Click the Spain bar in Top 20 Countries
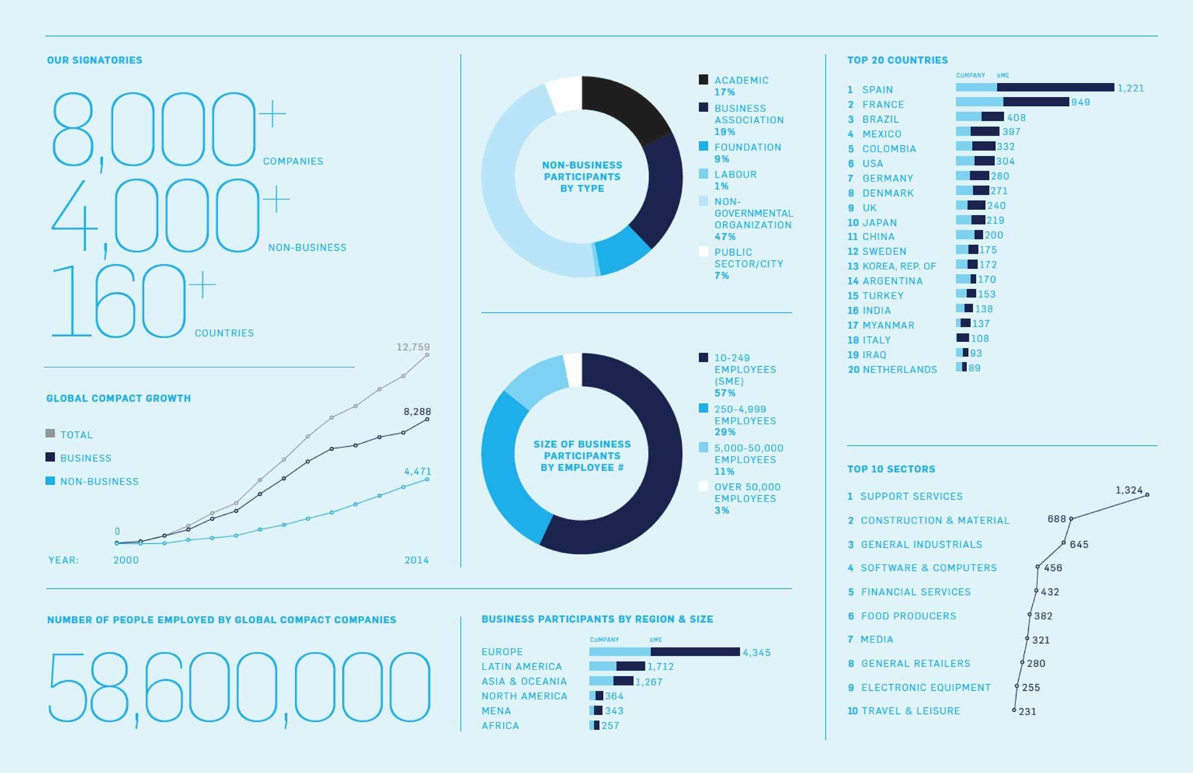pyautogui.click(x=1034, y=88)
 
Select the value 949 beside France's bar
pyautogui.click(x=1080, y=102)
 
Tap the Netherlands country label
pyautogui.click(x=892, y=370)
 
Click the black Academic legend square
pyautogui.click(x=703, y=80)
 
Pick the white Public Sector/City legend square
pyautogui.click(x=703, y=252)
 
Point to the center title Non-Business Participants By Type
pyautogui.click(x=582, y=177)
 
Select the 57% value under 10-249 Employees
pyautogui.click(x=725, y=393)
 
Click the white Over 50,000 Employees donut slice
pyautogui.click(x=573, y=370)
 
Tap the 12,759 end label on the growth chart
pyautogui.click(x=413, y=347)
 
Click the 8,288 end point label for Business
pyautogui.click(x=417, y=412)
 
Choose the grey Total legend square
pyautogui.click(x=50, y=434)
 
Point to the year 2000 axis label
pyautogui.click(x=126, y=560)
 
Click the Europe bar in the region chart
pyautogui.click(x=664, y=652)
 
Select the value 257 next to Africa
pyautogui.click(x=610, y=726)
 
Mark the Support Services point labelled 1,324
pyautogui.click(x=1147, y=494)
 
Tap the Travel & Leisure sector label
pyautogui.click(x=903, y=711)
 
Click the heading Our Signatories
pyautogui.click(x=95, y=60)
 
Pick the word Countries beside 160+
pyautogui.click(x=224, y=333)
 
